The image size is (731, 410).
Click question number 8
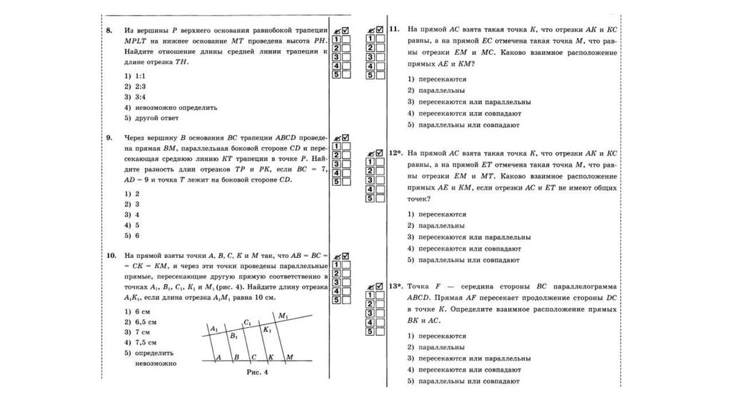109,31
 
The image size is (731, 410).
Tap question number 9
109,137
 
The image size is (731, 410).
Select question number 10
110,254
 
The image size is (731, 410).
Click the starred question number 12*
397,154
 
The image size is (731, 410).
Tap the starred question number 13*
397,287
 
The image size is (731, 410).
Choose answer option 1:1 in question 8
138,75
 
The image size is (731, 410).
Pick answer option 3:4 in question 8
138,96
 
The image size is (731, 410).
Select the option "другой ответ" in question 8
153,117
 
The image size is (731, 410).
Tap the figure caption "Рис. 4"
256,372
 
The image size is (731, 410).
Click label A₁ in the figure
213,329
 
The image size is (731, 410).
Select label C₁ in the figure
247,322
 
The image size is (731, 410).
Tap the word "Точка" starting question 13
420,287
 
